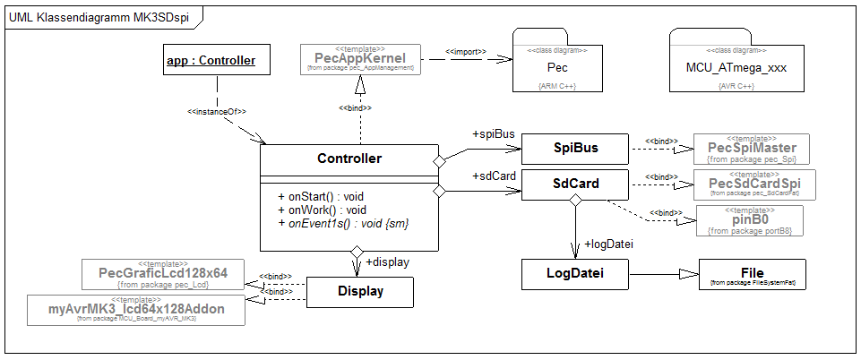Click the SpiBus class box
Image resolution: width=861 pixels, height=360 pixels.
point(574,147)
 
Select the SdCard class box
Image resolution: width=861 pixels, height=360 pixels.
point(574,186)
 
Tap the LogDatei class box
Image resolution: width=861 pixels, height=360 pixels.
point(574,273)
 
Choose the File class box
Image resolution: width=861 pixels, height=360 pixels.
point(752,273)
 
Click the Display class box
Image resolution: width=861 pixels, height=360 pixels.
point(360,291)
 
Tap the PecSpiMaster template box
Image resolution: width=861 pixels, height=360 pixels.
point(752,149)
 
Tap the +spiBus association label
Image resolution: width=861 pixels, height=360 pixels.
point(493,134)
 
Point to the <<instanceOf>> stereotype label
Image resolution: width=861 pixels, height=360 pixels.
point(217,112)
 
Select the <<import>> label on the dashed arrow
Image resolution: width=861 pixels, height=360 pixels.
point(466,51)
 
